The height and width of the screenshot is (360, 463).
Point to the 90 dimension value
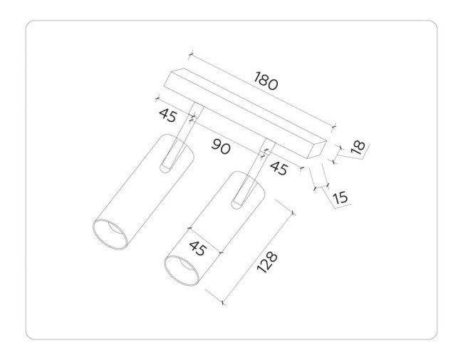[222, 148]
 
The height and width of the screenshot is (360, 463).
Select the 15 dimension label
[340, 197]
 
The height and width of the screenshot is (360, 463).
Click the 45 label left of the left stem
[167, 114]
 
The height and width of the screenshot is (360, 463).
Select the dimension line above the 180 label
[264, 92]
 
